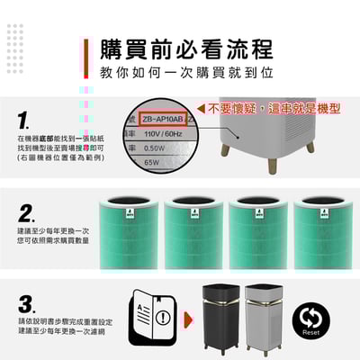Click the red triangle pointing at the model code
[x=199, y=107]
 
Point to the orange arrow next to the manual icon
[x=187, y=319]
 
